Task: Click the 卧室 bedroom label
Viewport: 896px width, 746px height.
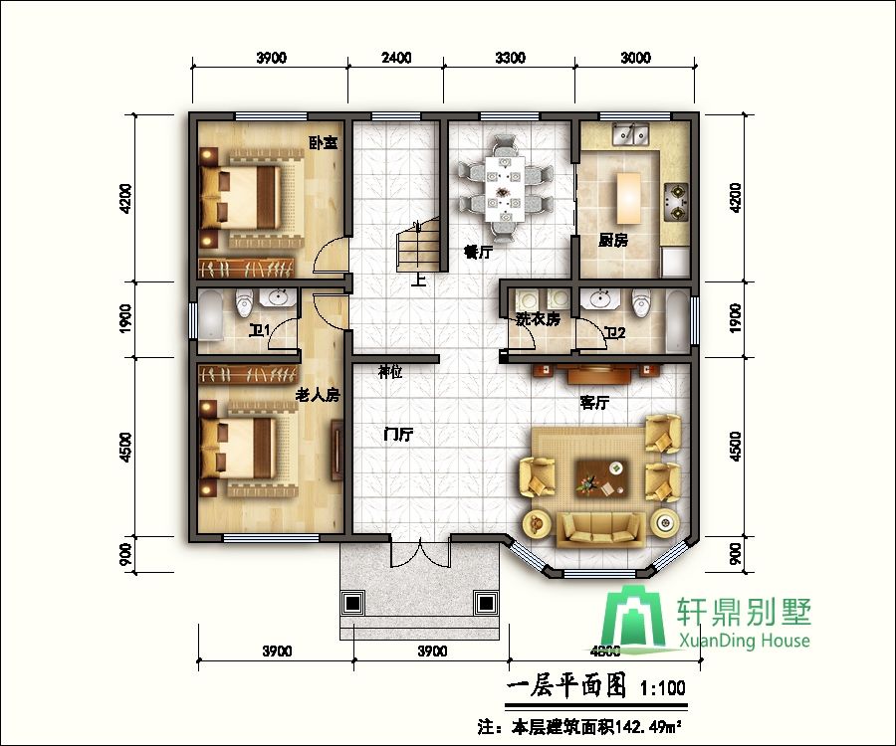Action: tap(323, 142)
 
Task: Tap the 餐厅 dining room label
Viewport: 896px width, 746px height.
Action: tap(478, 253)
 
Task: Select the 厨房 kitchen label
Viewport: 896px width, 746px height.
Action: tap(612, 240)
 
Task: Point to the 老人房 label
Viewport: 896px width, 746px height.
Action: tap(318, 395)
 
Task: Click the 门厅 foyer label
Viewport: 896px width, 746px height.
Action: tap(399, 435)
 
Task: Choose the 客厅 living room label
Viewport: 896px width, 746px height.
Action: tap(595, 403)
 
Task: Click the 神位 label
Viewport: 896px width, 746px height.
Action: tap(390, 372)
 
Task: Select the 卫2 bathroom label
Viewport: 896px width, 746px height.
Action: tap(614, 332)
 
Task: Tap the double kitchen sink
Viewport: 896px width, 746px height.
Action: tap(630, 133)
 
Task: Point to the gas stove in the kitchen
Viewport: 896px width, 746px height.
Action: tap(677, 199)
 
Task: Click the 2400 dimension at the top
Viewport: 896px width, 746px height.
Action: tap(396, 58)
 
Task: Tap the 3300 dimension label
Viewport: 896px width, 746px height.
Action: tap(509, 58)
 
